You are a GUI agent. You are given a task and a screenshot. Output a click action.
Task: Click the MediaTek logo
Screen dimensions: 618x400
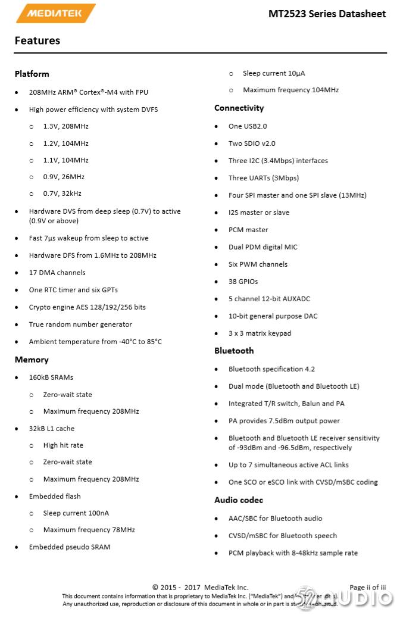(55, 13)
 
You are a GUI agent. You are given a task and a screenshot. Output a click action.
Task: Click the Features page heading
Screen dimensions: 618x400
(37, 40)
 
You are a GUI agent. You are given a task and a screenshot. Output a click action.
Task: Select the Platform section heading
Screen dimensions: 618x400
(32, 74)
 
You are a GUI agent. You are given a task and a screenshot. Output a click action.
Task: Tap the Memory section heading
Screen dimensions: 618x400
(32, 360)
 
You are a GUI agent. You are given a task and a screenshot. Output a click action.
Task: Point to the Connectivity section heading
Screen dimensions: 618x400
(239, 108)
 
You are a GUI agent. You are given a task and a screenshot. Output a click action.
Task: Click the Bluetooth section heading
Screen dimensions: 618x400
(234, 351)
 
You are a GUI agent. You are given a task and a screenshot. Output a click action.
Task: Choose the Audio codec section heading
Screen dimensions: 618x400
(239, 500)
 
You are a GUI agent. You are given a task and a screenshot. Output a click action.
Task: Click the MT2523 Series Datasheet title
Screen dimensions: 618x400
(327, 14)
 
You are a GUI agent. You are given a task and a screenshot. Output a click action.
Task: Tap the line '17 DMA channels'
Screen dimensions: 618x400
(57, 273)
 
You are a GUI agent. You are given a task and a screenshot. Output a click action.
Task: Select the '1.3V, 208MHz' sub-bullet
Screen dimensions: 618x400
(65, 127)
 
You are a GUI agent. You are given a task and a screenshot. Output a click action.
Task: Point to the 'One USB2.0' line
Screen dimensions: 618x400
(248, 126)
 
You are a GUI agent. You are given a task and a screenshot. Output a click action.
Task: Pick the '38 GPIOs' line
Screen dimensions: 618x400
(243, 282)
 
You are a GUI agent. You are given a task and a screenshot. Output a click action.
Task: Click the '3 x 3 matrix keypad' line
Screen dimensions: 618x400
(260, 333)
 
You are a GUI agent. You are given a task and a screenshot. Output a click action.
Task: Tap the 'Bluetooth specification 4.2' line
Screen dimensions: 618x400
(272, 369)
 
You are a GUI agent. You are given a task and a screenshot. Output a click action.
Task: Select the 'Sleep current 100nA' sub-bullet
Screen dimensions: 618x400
(76, 513)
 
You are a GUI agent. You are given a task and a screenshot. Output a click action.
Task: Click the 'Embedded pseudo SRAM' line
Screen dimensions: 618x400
(70, 547)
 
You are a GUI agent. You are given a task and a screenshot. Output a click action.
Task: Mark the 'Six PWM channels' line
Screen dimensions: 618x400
(258, 264)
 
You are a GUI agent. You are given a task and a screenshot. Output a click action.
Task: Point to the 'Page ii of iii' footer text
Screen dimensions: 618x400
(367, 588)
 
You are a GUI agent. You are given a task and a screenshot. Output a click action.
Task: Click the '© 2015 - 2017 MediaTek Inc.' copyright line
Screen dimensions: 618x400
(200, 588)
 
